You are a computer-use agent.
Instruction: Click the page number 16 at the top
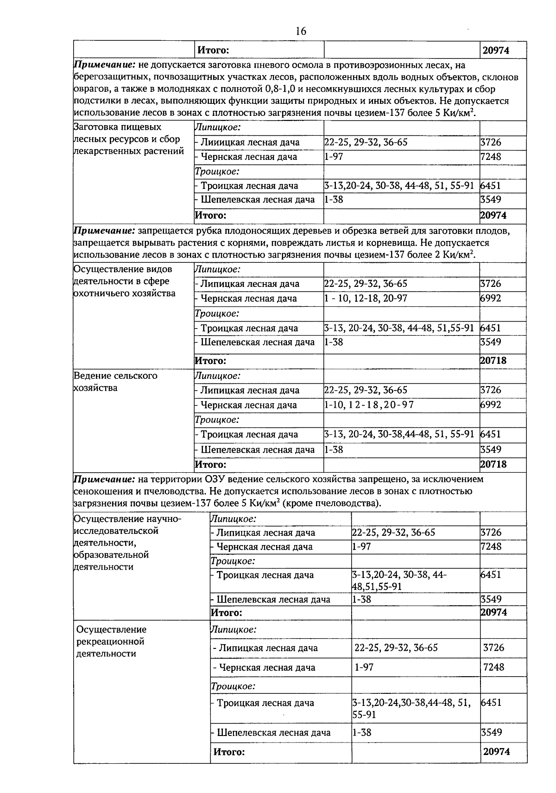301,31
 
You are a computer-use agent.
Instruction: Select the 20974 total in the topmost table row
496,51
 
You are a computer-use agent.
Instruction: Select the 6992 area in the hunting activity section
491,298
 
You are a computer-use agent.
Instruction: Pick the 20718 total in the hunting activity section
493,361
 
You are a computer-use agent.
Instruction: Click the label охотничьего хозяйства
124,293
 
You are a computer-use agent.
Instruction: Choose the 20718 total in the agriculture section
493,464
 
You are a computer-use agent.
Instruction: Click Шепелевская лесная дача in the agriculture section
257,450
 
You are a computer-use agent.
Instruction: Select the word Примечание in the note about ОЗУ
104,479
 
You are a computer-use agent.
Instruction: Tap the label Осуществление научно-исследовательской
127,524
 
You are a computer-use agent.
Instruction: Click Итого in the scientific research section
226,613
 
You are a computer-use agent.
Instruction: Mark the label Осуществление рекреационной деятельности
111,641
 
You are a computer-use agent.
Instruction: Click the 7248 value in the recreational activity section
493,667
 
